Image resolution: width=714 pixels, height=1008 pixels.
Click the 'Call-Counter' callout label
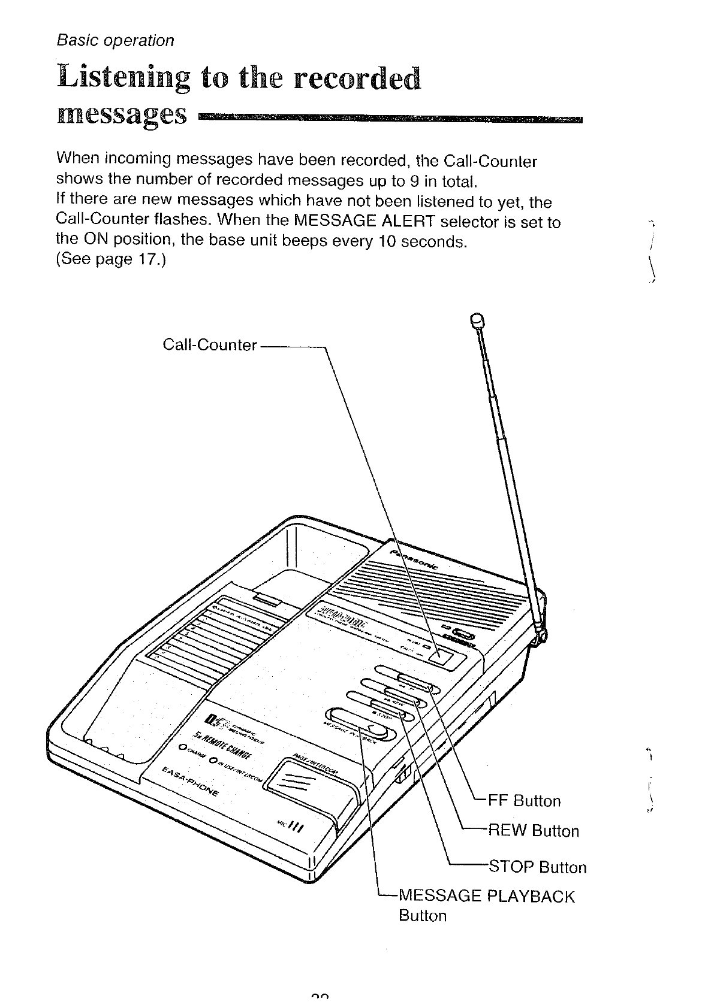210,346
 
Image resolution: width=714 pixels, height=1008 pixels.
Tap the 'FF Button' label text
525,801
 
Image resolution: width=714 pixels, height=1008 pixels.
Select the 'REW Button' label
534,831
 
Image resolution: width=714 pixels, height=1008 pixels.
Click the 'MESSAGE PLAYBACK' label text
486,897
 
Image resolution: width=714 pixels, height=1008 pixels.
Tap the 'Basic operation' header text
115,41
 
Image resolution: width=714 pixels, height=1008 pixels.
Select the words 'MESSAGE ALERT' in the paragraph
365,222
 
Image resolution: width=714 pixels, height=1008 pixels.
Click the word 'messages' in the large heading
121,113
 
